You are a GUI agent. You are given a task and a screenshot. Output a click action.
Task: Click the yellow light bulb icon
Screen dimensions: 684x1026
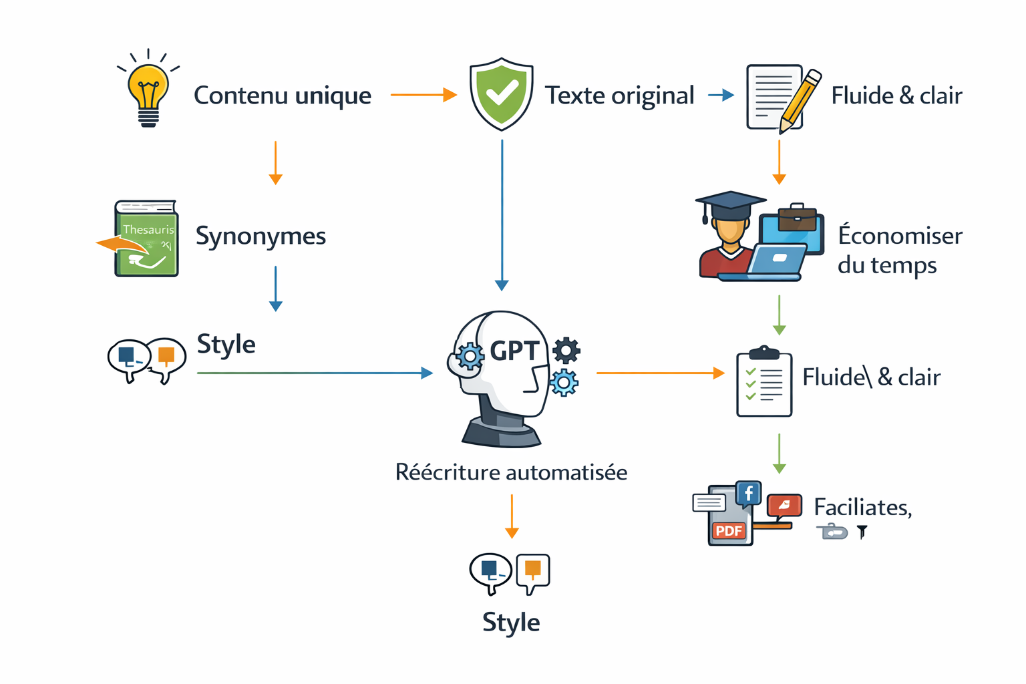[148, 90]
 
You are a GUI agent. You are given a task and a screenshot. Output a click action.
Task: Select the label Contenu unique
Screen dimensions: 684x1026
[282, 96]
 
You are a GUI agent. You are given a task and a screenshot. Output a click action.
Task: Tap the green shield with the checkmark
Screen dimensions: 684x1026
[501, 94]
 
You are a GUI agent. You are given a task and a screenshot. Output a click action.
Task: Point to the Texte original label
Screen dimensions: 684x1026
[619, 96]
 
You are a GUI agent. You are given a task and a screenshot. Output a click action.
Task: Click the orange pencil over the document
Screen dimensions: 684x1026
[800, 100]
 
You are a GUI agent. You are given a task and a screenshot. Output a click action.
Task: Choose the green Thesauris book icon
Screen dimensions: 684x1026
[146, 239]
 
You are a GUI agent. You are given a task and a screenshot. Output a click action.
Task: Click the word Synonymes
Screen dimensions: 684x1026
[261, 236]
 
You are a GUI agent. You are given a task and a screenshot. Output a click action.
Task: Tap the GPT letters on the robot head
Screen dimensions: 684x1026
[514, 351]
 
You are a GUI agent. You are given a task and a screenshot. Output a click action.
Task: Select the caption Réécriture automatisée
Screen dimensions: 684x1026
[511, 472]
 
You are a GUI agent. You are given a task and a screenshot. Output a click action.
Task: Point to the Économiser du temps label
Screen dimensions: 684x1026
[899, 250]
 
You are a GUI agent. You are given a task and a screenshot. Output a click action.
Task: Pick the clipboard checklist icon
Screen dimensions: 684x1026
[763, 383]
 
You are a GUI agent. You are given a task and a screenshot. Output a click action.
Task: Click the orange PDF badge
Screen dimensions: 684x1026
[729, 531]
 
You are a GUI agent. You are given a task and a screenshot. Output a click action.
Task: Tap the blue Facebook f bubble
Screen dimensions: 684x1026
[749, 494]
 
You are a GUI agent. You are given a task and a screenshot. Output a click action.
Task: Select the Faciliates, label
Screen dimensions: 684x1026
[862, 508]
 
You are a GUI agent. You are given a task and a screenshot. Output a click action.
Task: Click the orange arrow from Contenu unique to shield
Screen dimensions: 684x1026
[423, 95]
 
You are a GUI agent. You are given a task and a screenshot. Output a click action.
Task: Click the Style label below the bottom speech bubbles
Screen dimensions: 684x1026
[511, 622]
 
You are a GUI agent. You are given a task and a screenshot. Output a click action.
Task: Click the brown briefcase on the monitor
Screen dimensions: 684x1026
[797, 218]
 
